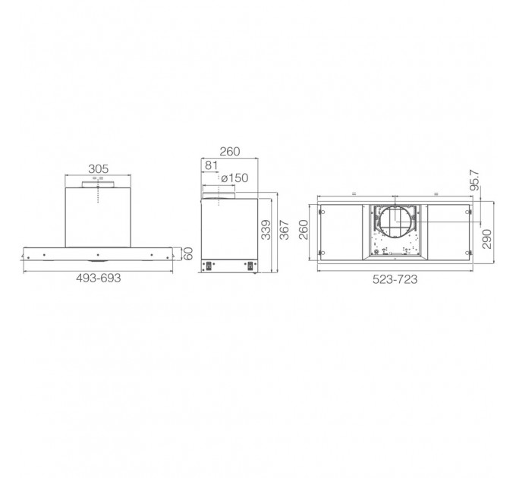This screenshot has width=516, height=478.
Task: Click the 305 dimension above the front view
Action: (x=99, y=168)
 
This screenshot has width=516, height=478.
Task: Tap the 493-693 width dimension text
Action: (x=99, y=278)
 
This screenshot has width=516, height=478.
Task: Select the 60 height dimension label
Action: (x=187, y=253)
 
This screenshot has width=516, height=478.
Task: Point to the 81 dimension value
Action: (x=211, y=165)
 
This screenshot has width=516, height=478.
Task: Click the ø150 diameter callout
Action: (x=234, y=178)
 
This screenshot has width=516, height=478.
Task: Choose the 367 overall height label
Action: (x=284, y=230)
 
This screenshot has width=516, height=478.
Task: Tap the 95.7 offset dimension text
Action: (x=474, y=181)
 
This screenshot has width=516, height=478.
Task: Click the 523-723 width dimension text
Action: (x=395, y=279)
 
